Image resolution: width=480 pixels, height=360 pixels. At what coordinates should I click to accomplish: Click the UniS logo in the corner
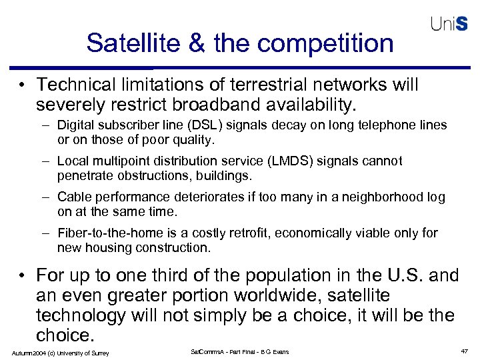[x=449, y=24]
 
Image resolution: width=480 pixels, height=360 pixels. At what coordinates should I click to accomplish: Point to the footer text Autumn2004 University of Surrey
[x=59, y=352]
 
